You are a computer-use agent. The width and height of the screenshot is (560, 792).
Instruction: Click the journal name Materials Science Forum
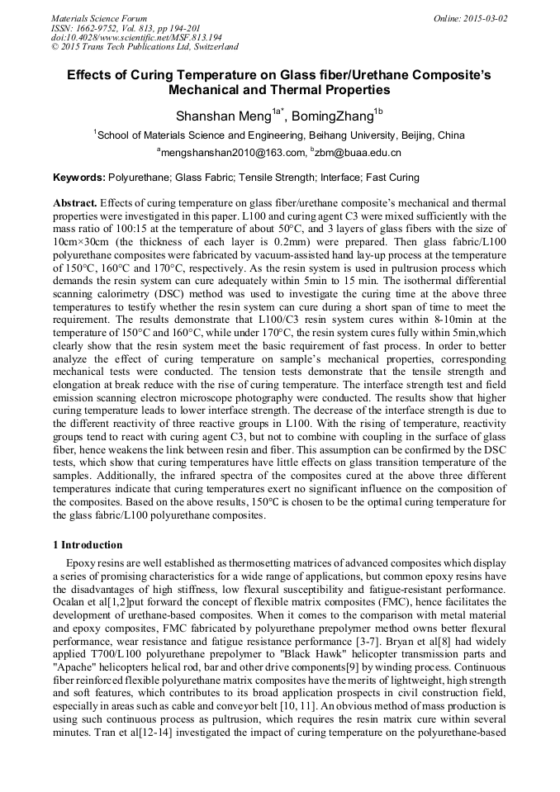99,17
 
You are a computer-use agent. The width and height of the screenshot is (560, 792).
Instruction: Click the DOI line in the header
135,37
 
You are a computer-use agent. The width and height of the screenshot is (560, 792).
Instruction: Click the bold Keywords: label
79,178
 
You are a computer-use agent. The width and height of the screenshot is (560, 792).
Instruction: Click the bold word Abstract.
75,203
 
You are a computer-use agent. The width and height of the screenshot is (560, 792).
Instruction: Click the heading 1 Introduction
88,545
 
